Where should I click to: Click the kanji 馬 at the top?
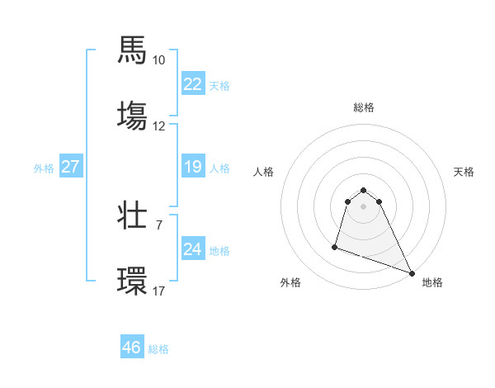click(x=133, y=50)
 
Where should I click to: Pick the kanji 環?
click(x=133, y=278)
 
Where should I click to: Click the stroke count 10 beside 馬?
click(x=159, y=60)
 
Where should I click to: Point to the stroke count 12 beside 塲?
click(x=159, y=126)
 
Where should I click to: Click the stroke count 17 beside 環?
click(x=159, y=291)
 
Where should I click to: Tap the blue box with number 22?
click(x=192, y=84)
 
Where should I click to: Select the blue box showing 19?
click(x=192, y=167)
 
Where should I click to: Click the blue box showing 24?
click(x=192, y=249)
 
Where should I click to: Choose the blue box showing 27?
click(x=70, y=167)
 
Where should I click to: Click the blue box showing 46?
click(x=131, y=348)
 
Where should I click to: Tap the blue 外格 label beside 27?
click(x=44, y=168)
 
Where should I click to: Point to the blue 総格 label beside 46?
click(x=158, y=349)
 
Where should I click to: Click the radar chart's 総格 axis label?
click(x=364, y=107)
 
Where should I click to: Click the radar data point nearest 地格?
click(x=411, y=273)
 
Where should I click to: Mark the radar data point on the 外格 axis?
click(x=335, y=246)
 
